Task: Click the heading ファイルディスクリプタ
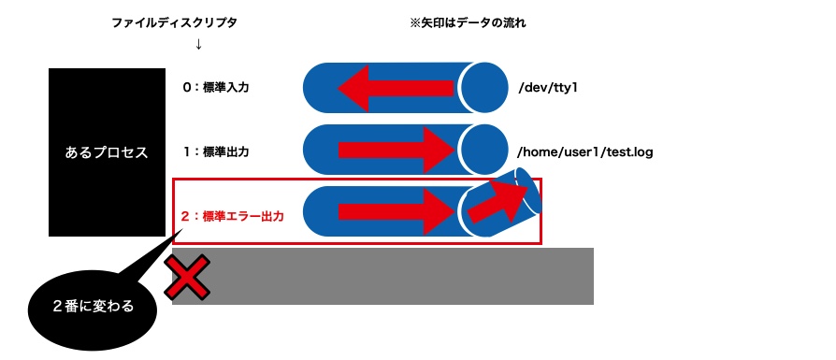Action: pyautogui.click(x=175, y=22)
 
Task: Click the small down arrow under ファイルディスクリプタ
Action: pyautogui.click(x=198, y=44)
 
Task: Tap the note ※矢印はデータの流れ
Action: pyautogui.click(x=468, y=22)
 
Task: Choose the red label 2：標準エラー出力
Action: pyautogui.click(x=232, y=216)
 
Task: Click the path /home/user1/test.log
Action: pyautogui.click(x=584, y=151)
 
